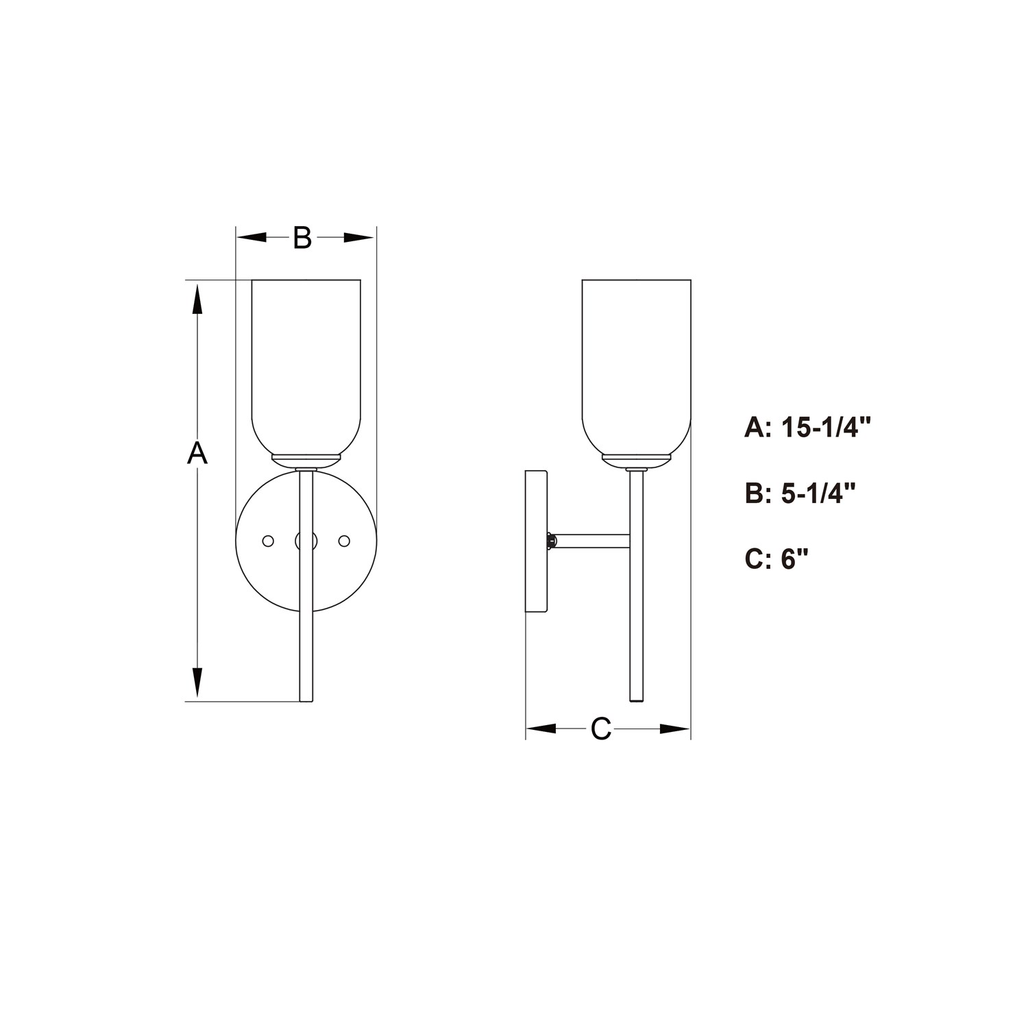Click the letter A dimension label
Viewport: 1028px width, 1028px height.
coord(197,454)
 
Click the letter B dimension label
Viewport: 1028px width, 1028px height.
coord(302,238)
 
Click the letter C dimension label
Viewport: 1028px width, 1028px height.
coord(601,729)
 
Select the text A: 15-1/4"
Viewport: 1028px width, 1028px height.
coord(807,428)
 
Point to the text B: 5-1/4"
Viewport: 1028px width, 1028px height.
coord(800,493)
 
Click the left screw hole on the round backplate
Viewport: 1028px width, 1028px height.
coord(269,541)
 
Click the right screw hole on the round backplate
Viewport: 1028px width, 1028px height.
coord(344,541)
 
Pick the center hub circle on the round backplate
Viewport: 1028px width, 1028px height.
coord(306,541)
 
